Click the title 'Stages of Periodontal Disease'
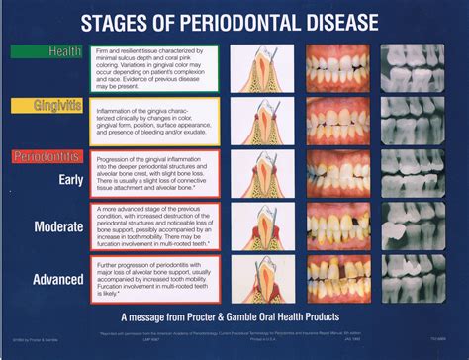coord(234,21)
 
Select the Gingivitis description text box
coord(153,121)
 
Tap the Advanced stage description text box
coord(153,281)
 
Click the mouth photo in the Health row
coord(337,69)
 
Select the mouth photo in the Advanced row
coord(337,280)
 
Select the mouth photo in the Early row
coord(337,174)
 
